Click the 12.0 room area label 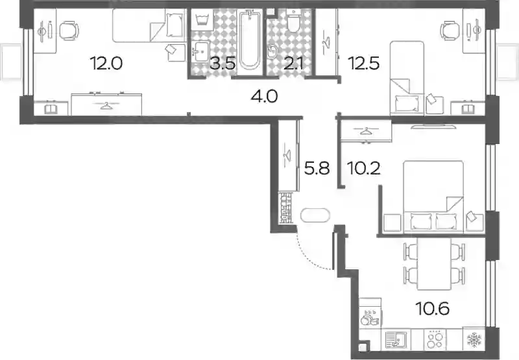[106, 63]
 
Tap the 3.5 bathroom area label [223, 63]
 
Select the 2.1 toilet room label [294, 63]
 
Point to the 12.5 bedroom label [363, 63]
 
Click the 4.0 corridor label [264, 96]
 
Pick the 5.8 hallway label [317, 169]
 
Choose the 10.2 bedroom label [364, 169]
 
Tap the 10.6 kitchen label [433, 309]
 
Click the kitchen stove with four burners [435, 339]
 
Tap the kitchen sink [396, 339]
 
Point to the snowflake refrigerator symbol [474, 340]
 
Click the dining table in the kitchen [434, 264]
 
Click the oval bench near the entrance [315, 215]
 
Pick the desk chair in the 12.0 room [69, 30]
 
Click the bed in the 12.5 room [407, 78]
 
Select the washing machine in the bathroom [202, 20]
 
